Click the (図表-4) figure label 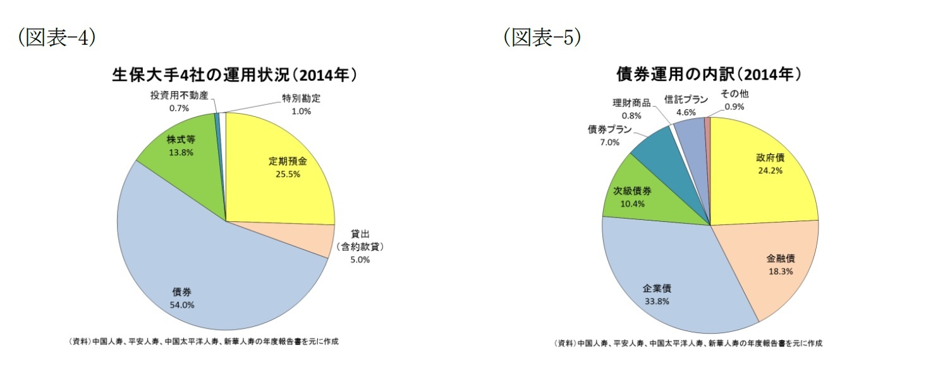pyautogui.click(x=58, y=38)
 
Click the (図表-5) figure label pyautogui.click(x=542, y=38)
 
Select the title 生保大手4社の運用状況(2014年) pyautogui.click(x=235, y=75)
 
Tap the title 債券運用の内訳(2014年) pyautogui.click(x=709, y=75)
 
